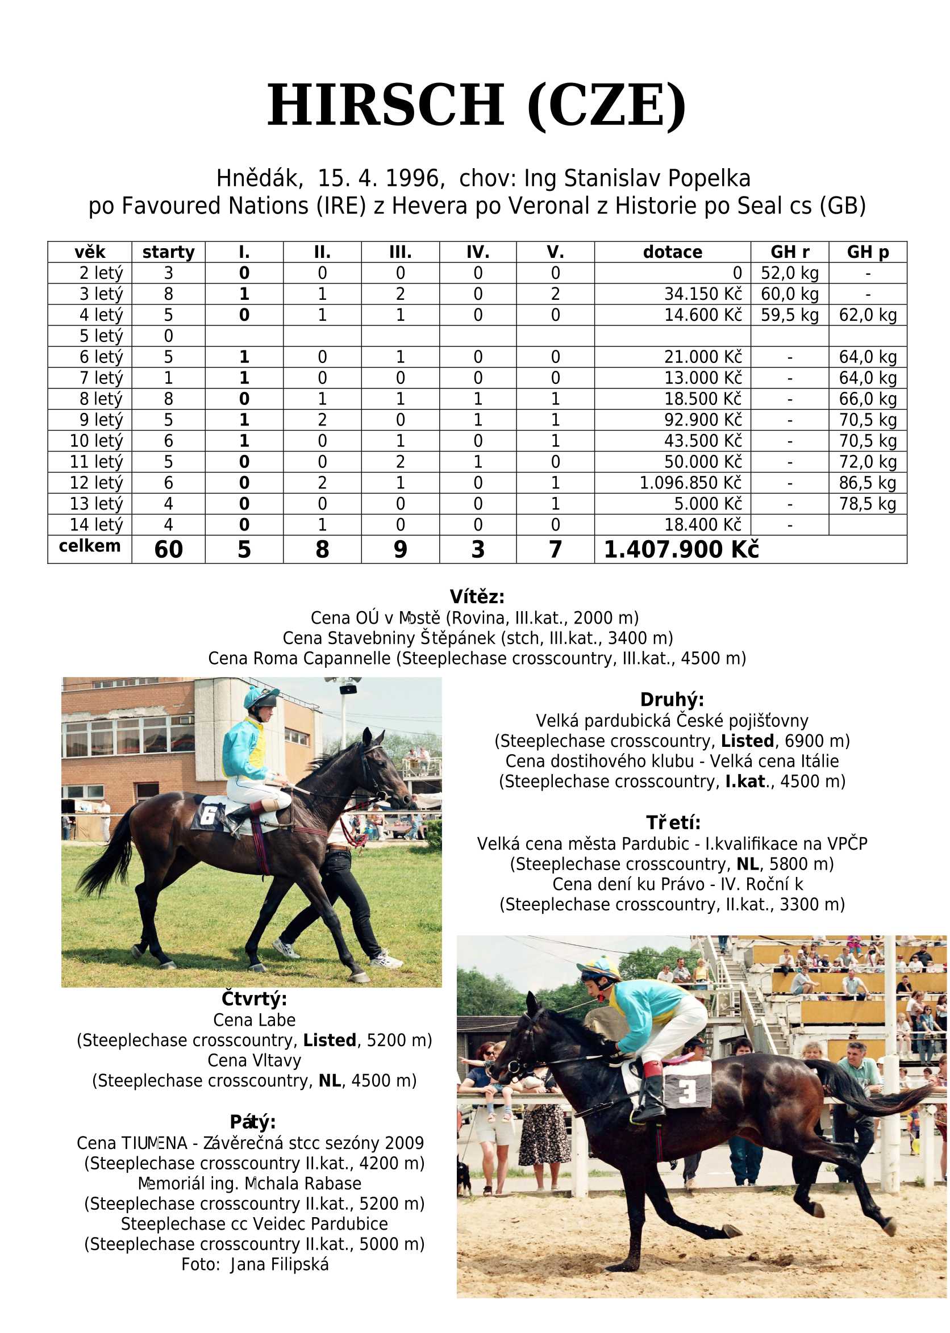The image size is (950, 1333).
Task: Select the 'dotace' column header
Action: [x=672, y=252]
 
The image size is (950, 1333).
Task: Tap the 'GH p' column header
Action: [x=868, y=252]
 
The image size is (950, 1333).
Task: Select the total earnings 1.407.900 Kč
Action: [x=681, y=550]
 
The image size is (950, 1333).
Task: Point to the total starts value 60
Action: [x=169, y=550]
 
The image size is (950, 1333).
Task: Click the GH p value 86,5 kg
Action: [x=868, y=483]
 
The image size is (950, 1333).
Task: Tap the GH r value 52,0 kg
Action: [x=790, y=273]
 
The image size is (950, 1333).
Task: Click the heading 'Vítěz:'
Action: [x=477, y=597]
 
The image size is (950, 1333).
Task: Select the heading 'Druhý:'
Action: [x=672, y=700]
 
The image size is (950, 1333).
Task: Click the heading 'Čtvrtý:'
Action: [x=254, y=999]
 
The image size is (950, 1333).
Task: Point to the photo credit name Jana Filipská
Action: [x=280, y=1265]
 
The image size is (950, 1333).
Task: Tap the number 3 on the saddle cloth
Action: [x=687, y=1091]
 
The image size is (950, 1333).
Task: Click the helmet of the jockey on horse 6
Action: [x=261, y=696]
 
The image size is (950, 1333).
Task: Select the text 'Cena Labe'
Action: [x=254, y=1020]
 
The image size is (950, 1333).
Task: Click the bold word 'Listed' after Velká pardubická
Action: [x=747, y=741]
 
